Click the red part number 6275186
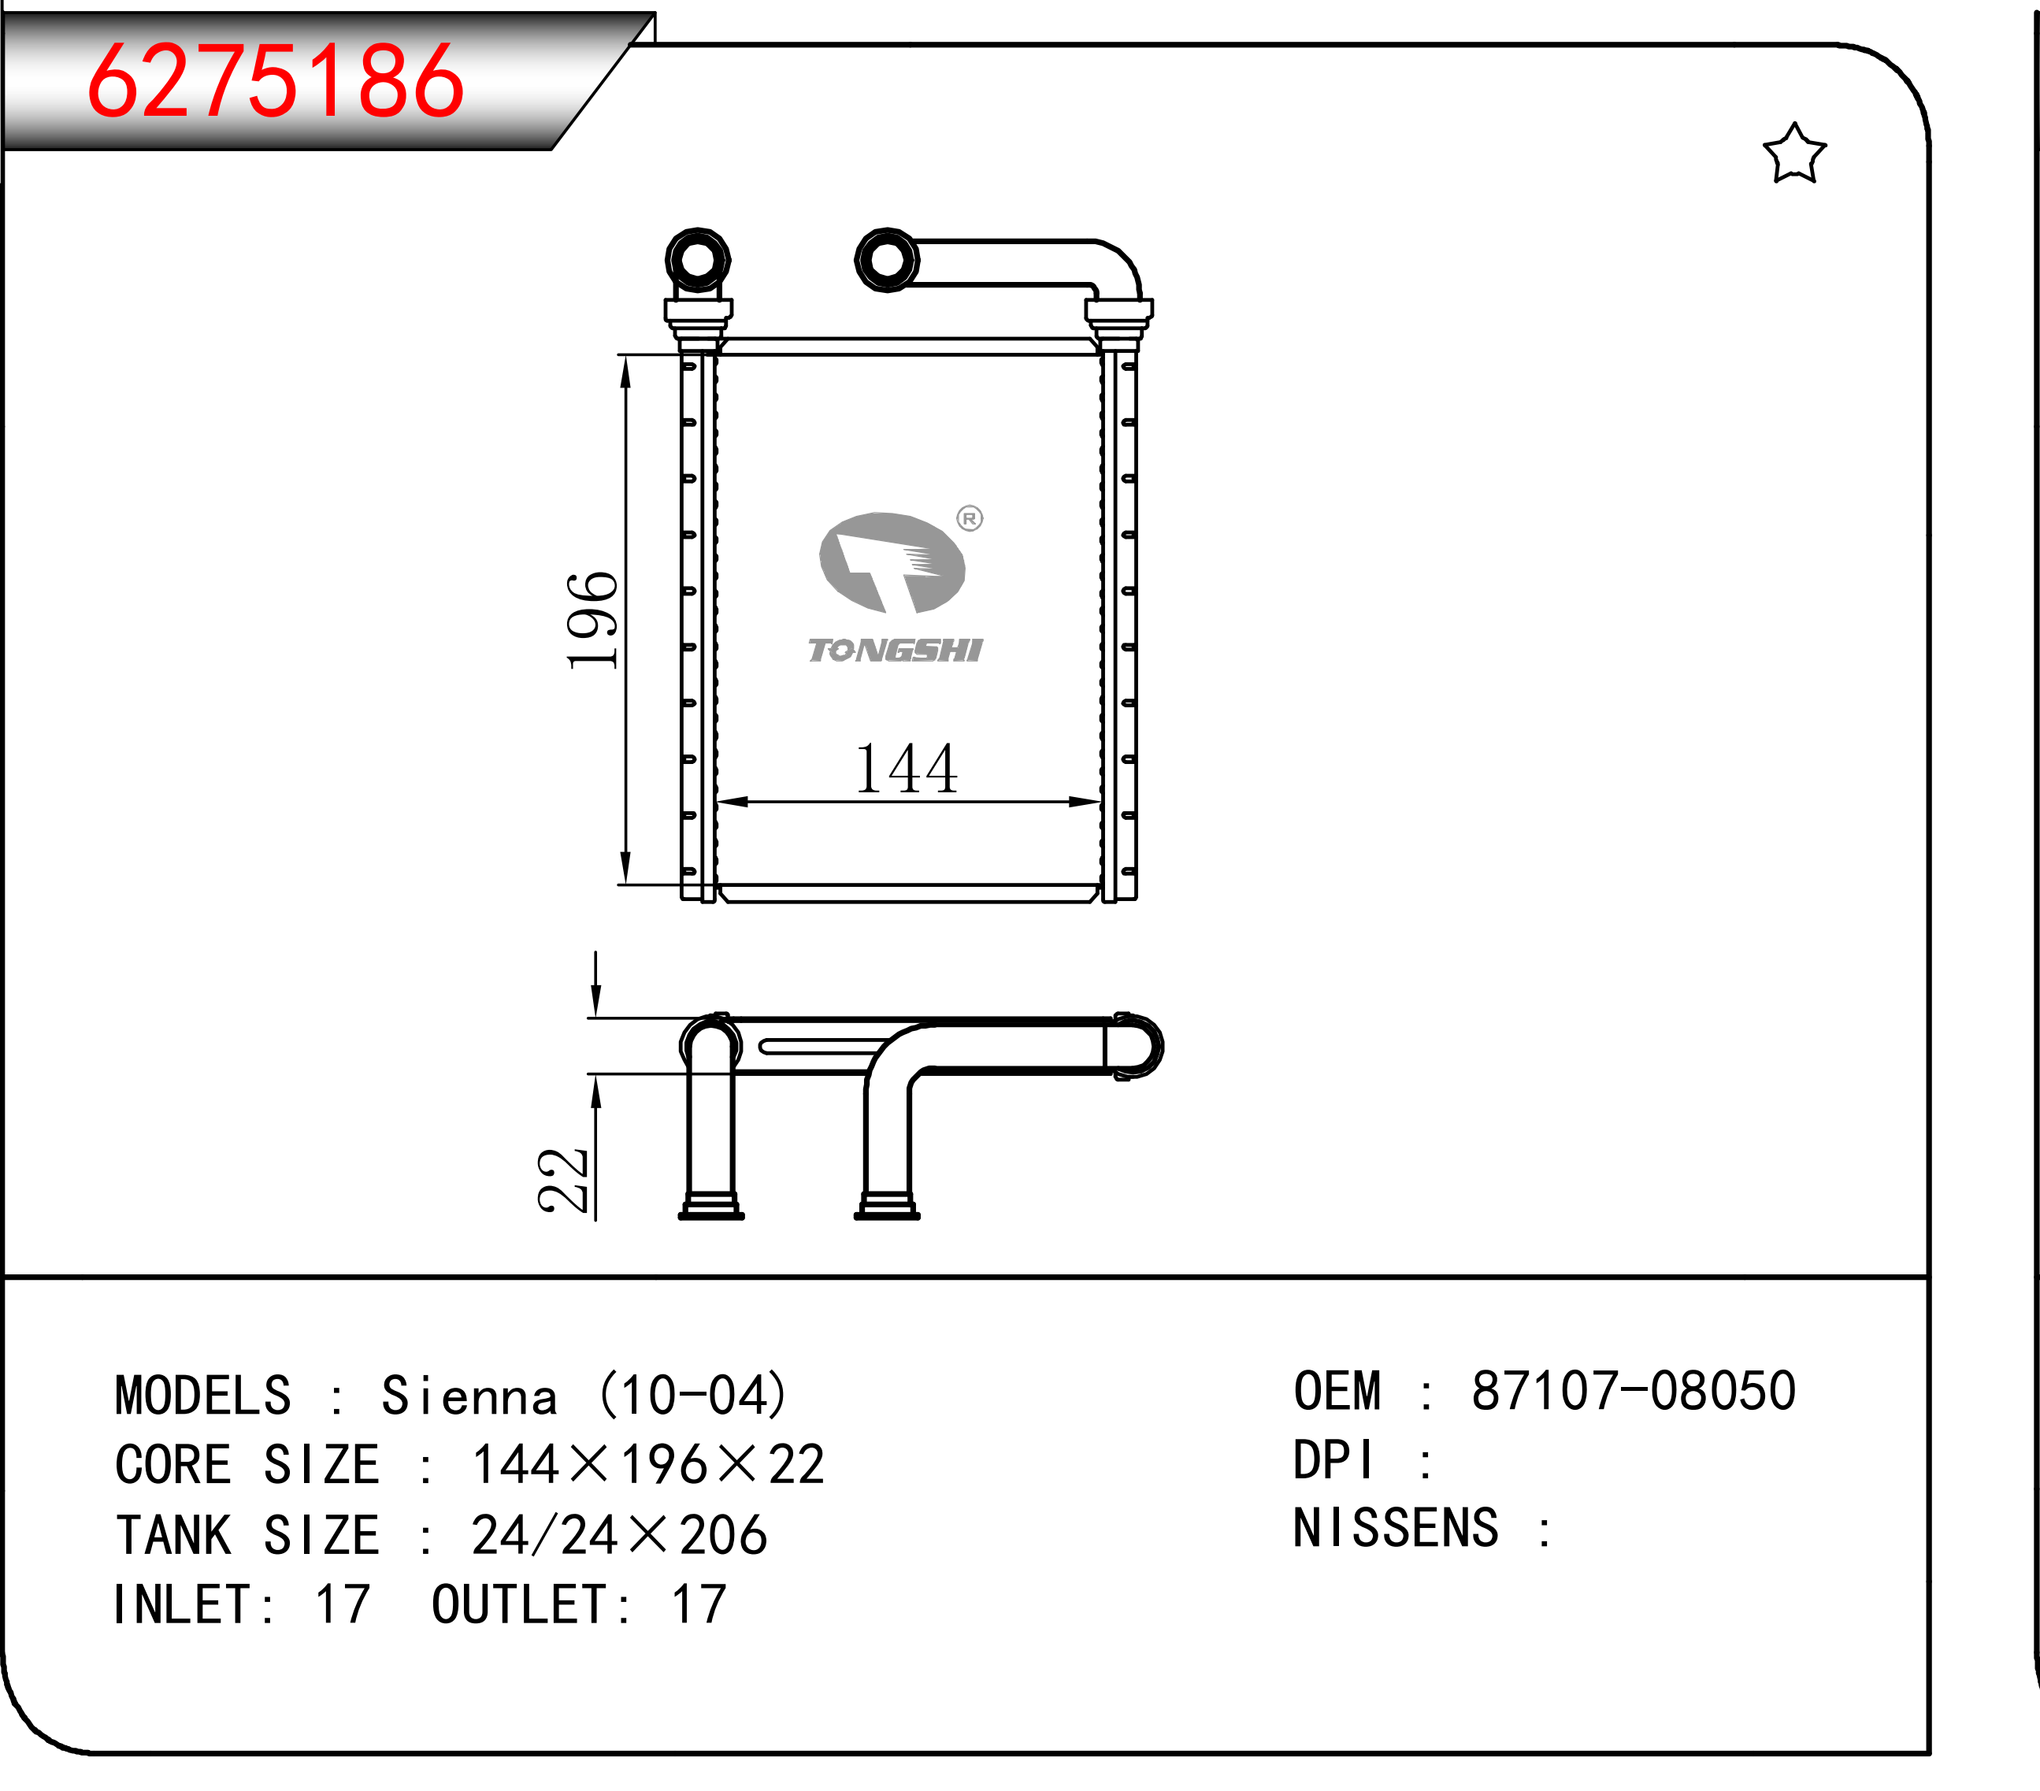[x=276, y=82]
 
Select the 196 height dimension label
[x=592, y=620]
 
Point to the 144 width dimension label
[x=907, y=769]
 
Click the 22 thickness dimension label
[x=563, y=1181]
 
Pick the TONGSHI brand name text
[x=896, y=651]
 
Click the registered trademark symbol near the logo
[x=969, y=517]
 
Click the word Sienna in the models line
[x=469, y=1395]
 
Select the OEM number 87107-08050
[x=1634, y=1391]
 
